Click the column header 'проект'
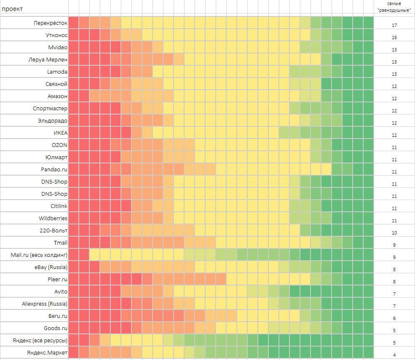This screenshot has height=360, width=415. tap(13, 9)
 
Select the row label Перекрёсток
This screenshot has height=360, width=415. tap(51, 23)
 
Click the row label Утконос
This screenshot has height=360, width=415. tap(56, 35)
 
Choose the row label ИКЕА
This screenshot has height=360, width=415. tap(60, 133)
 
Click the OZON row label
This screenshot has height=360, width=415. tap(59, 145)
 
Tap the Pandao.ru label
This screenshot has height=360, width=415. tap(54, 170)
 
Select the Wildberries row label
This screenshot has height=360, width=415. tap(53, 219)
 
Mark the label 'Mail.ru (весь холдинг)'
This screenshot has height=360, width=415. tap(39, 255)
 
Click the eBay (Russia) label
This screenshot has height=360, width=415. tap(51, 267)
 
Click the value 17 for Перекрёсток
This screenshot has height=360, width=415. tap(394, 25)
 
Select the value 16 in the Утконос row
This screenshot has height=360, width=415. tap(394, 37)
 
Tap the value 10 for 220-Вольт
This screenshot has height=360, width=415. tap(394, 233)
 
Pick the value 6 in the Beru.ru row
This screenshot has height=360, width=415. tap(394, 318)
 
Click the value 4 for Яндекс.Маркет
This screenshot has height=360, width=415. tap(394, 355)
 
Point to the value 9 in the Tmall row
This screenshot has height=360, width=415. tap(394, 245)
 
